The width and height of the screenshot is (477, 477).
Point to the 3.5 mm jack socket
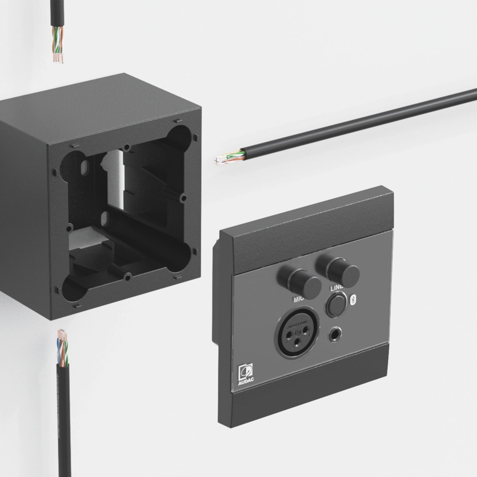[x=335, y=334]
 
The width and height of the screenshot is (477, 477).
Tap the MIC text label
[x=298, y=300]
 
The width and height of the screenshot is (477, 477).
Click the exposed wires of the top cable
[x=57, y=45]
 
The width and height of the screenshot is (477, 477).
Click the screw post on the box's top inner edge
[x=127, y=148]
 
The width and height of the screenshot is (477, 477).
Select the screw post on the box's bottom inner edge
[x=127, y=277]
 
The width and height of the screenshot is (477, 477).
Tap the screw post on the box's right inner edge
[x=184, y=198]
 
